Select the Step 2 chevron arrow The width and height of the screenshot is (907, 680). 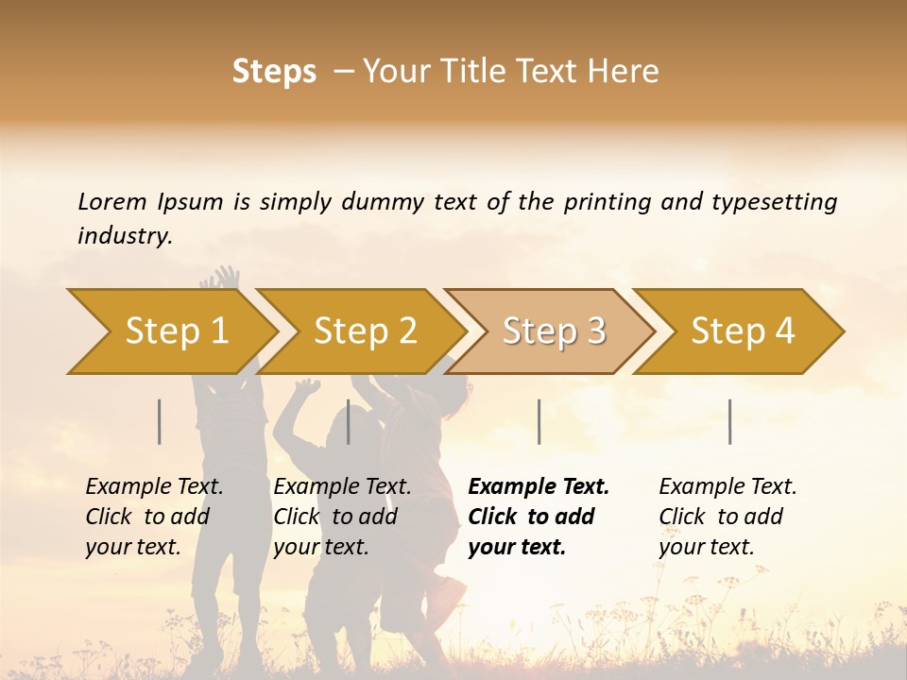coord(365,331)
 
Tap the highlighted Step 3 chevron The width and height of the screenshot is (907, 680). coord(554,331)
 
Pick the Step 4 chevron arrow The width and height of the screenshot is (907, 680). coord(743,331)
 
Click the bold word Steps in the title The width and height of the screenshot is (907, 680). coord(274,72)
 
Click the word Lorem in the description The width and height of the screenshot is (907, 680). coord(111,202)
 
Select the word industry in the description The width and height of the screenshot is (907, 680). coord(125,236)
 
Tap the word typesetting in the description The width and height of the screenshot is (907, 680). coord(774,202)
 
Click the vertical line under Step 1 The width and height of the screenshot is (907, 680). coord(160,421)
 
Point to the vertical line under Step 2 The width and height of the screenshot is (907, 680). coord(349,421)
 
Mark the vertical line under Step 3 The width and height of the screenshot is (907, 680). coord(539,421)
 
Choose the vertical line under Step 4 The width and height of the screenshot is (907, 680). coord(729,421)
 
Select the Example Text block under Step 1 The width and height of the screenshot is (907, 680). coord(155,517)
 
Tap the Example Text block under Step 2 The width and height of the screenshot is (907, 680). coord(343,517)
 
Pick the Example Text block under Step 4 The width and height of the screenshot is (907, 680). coord(727,517)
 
